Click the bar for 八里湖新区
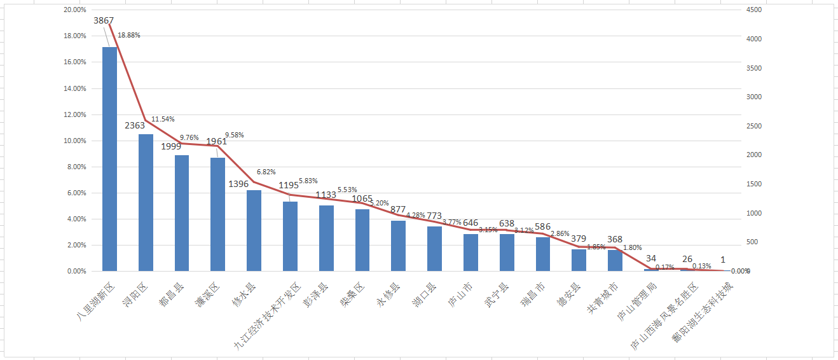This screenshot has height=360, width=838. [x=109, y=159]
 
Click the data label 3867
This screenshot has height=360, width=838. [x=104, y=20]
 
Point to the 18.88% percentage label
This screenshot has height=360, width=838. [x=128, y=35]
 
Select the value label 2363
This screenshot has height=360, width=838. [x=135, y=125]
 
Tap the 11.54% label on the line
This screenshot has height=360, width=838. [x=163, y=119]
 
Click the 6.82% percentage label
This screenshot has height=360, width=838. [x=266, y=172]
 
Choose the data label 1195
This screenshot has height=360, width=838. [x=289, y=185]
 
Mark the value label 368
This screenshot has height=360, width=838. [x=614, y=239]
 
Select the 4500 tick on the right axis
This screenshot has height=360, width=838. [x=754, y=10]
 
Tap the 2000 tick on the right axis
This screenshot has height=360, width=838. [x=754, y=155]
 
